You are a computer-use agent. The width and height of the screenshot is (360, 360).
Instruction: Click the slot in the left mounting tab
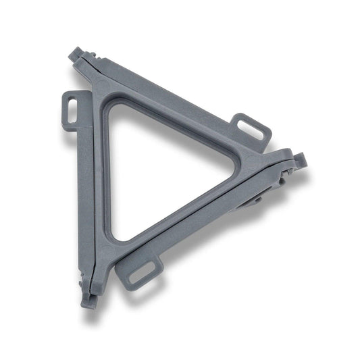(72, 110)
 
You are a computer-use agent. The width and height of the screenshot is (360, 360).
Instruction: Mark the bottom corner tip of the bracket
(86, 303)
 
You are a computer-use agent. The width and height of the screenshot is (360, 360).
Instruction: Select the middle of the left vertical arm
(95, 182)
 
